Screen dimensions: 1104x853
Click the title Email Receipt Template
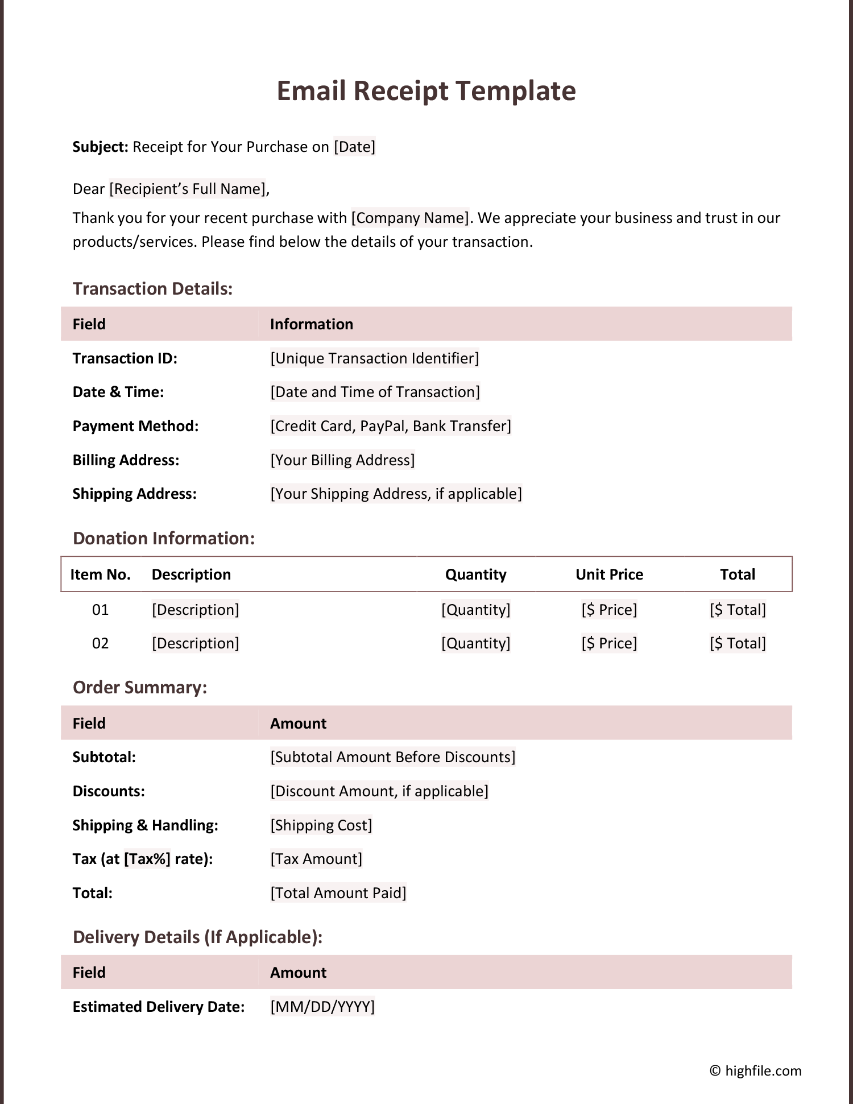click(x=426, y=91)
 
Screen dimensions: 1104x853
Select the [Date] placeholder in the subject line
click(x=354, y=147)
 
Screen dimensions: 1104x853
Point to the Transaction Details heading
click(x=152, y=289)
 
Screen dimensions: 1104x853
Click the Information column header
click(x=311, y=324)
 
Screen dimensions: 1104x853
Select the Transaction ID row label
click(x=125, y=358)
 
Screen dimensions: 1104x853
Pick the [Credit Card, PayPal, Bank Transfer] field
click(x=391, y=426)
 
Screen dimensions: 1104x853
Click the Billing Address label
click(x=126, y=460)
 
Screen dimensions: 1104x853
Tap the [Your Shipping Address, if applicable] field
click(x=396, y=494)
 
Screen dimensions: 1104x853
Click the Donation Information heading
click(x=164, y=539)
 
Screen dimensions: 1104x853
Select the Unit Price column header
click(x=609, y=574)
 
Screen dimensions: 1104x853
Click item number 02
click(x=100, y=643)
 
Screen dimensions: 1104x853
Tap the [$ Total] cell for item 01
click(x=738, y=610)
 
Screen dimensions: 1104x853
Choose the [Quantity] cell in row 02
click(x=475, y=643)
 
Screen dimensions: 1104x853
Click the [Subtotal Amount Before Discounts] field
click(x=392, y=757)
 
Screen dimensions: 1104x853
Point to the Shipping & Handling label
click(x=145, y=825)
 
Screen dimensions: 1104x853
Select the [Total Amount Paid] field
click(x=338, y=893)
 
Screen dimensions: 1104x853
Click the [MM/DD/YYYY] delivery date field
click(x=322, y=1007)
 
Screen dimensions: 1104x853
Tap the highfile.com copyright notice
click(x=755, y=1071)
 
